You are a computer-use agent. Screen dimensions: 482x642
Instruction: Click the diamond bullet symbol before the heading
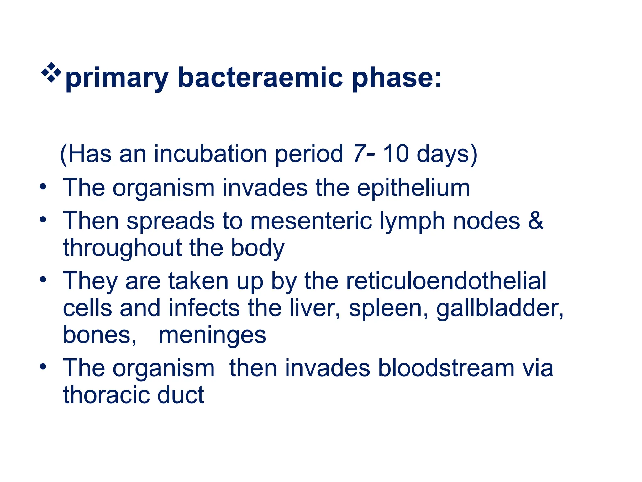click(51, 72)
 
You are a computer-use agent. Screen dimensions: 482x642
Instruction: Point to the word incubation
click(210, 154)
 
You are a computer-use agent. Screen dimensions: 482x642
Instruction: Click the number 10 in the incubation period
click(396, 154)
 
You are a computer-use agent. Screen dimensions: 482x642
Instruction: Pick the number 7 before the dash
click(358, 154)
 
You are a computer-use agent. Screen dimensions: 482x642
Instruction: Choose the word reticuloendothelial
click(446, 281)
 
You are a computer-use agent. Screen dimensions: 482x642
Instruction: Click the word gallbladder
click(499, 308)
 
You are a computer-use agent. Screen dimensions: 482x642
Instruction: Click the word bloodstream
click(446, 368)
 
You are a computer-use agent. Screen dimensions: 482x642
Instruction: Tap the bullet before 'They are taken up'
click(43, 279)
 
